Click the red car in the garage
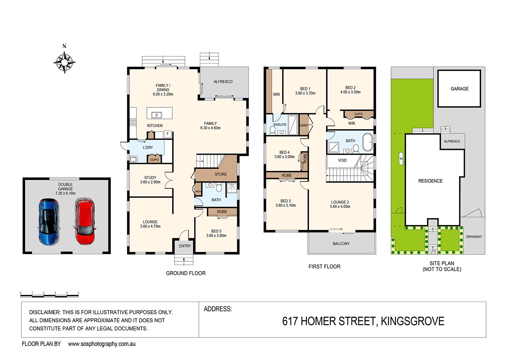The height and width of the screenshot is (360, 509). coord(85,221)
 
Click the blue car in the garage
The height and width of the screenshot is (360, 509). coord(49,221)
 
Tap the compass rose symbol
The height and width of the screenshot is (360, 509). coord(65,62)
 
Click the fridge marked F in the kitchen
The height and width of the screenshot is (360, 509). coord(168,134)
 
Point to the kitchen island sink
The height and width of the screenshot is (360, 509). coord(156,115)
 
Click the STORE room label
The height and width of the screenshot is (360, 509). coord(221,174)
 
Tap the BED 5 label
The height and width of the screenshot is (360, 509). coord(216,231)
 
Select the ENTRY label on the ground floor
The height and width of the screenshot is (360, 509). coord(185,246)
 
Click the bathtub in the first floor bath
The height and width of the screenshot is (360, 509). coord(368,142)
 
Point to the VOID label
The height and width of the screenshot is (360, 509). coord(342,160)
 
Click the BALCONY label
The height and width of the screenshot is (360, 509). coord(341,244)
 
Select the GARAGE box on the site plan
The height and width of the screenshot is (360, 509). coord(459,89)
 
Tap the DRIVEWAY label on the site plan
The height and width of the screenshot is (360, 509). coord(474,237)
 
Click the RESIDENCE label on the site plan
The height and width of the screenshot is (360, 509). coord(430,181)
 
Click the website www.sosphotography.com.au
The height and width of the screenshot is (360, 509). coord(102,344)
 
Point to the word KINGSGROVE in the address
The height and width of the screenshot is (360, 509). coord(412,321)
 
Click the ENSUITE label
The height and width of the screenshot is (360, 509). coord(280,124)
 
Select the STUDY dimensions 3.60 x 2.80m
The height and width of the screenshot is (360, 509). coord(150,182)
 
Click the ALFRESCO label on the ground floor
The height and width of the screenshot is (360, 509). coord(223,82)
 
